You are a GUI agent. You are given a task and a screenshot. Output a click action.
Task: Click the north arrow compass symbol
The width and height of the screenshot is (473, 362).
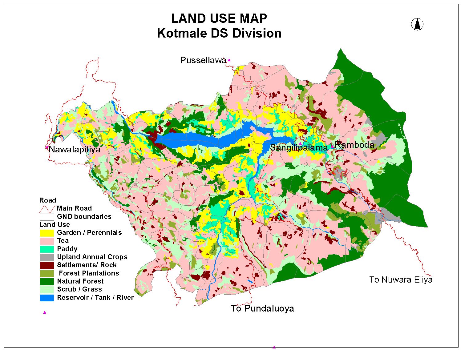tap(417, 24)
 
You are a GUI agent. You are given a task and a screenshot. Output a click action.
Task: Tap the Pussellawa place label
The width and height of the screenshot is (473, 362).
tap(203, 60)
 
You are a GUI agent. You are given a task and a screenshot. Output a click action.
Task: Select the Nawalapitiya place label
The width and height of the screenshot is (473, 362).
tap(75, 150)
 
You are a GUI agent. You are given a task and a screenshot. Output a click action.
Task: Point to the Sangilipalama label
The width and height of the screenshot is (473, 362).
tap(298, 148)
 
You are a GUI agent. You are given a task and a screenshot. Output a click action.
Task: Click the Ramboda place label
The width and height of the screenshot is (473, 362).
tap(354, 145)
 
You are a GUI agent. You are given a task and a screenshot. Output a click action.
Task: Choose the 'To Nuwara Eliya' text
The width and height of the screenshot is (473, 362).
tap(401, 280)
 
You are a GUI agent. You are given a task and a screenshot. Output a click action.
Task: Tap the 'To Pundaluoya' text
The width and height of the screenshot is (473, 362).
tap(262, 308)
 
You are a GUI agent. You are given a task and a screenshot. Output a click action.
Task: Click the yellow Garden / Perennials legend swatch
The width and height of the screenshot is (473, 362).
tap(47, 233)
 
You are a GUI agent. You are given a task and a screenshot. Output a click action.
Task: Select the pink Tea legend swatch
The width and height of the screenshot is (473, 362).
tap(47, 241)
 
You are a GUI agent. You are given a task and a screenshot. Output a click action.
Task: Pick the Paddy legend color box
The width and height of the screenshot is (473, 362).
tap(47, 249)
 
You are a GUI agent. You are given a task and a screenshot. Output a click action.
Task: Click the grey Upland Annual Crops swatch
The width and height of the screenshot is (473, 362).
tap(47, 257)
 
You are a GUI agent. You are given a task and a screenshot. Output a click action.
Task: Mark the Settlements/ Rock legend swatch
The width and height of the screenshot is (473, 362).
tap(47, 265)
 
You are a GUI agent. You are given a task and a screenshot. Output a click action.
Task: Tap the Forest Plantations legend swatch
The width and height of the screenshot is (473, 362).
tap(47, 273)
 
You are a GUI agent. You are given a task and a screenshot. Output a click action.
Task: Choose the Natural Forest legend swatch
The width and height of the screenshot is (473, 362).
tap(47, 281)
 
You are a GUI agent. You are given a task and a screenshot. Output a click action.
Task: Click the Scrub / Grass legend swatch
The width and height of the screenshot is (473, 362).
tap(47, 289)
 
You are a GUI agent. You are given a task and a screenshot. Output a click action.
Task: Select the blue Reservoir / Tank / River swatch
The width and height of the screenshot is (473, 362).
tap(47, 298)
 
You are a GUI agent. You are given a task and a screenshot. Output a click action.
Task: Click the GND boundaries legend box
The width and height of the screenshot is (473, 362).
tap(47, 217)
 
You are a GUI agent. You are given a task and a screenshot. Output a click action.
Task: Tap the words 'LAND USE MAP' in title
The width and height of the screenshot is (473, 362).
tap(219, 18)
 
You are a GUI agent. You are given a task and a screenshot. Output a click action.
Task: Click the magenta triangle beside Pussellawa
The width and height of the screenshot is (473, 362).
tap(229, 60)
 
